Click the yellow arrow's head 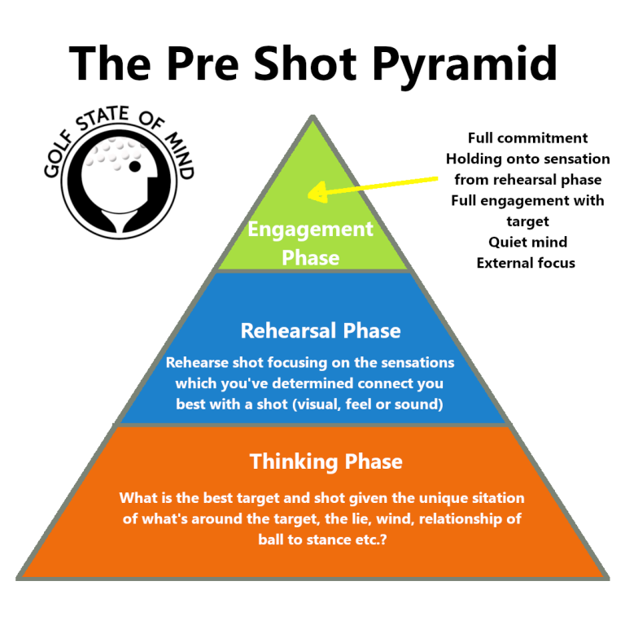click(x=313, y=193)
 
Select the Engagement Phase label click(x=310, y=243)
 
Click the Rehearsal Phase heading click(x=321, y=331)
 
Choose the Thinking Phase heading click(x=326, y=461)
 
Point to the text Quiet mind click(x=527, y=242)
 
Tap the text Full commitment click(x=527, y=138)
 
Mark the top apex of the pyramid click(x=312, y=116)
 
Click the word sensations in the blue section click(x=415, y=361)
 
